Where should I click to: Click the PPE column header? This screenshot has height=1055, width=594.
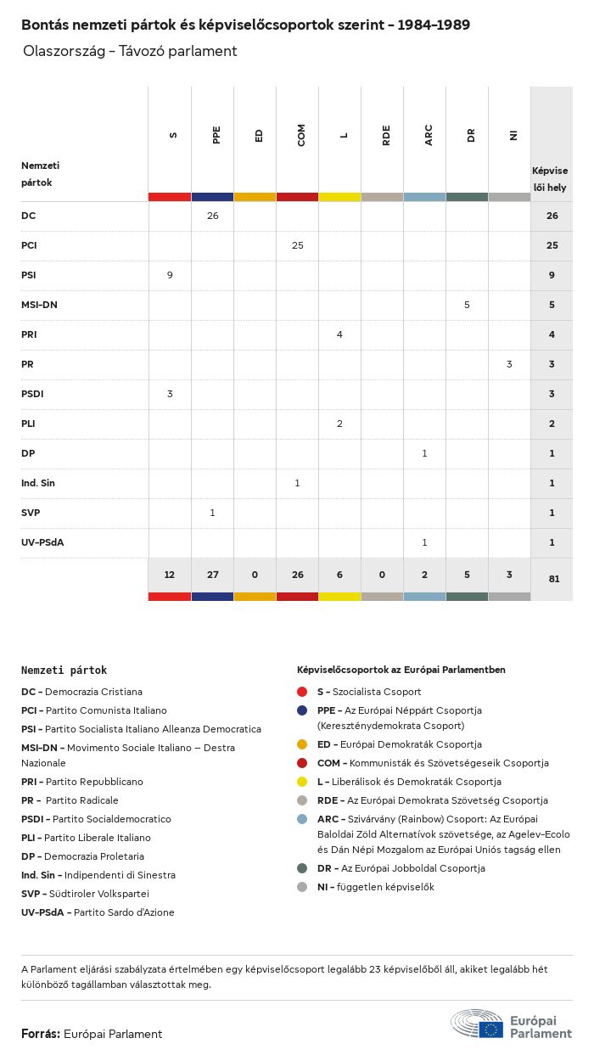tap(216, 135)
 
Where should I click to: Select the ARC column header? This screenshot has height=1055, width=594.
tap(429, 135)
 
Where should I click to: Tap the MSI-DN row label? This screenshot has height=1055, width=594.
tap(39, 305)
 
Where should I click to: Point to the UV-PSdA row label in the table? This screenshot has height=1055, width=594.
tap(42, 542)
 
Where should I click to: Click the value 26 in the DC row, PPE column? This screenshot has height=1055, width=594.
tap(212, 216)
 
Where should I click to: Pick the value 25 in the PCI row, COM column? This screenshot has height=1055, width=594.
tap(297, 245)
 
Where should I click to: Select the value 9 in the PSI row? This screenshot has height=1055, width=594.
tap(170, 275)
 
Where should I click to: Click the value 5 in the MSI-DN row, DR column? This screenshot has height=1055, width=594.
tap(467, 305)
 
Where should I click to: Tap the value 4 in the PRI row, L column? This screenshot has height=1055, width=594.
tap(339, 334)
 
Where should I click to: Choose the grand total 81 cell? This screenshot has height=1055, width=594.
tap(552, 580)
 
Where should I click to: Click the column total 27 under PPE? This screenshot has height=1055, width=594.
tap(212, 575)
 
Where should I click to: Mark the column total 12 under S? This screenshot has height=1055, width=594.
tap(170, 575)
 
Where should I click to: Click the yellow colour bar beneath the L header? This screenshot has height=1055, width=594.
tap(339, 197)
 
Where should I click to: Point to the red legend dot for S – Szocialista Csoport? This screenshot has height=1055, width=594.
tap(303, 692)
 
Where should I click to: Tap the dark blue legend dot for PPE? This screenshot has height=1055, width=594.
tap(303, 710)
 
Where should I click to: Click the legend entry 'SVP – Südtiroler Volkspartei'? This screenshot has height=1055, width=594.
tap(85, 894)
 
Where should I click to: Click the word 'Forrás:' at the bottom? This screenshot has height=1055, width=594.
tap(40, 1034)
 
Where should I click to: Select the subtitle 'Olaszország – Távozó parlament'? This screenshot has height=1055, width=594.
tap(130, 51)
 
